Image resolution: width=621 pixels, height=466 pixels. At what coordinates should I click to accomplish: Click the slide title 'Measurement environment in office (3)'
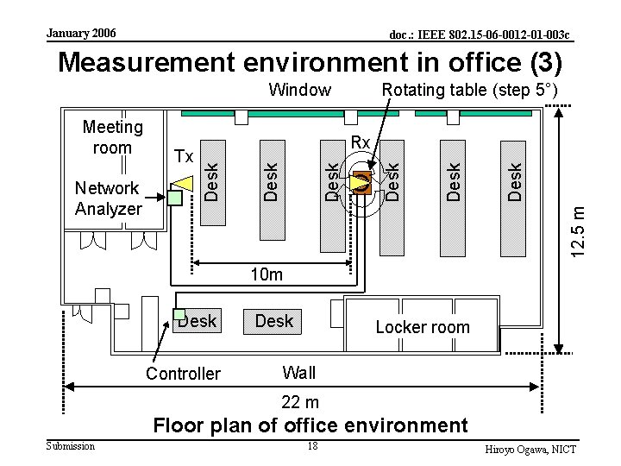click(x=310, y=62)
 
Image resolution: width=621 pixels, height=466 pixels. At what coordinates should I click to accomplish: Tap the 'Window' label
click(x=299, y=90)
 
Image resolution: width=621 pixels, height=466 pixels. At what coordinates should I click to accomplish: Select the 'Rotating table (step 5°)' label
click(x=469, y=90)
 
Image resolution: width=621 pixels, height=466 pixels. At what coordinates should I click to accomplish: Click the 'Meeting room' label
click(x=112, y=138)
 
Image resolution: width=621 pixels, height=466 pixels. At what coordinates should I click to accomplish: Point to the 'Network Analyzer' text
click(x=107, y=198)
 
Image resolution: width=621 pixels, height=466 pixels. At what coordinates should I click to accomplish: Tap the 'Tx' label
click(x=184, y=156)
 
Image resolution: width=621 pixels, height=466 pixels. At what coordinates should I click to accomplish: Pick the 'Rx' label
click(x=361, y=142)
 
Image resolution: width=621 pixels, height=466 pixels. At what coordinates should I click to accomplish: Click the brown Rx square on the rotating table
click(x=361, y=182)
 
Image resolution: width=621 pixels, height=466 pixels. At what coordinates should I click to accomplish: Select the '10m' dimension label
click(x=267, y=274)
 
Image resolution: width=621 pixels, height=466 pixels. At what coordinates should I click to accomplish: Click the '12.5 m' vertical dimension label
click(x=583, y=227)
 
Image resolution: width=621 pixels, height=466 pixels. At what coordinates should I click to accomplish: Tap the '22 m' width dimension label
click(x=300, y=402)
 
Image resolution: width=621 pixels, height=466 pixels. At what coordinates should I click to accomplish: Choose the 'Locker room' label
click(x=423, y=327)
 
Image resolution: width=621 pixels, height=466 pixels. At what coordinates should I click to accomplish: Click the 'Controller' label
click(x=183, y=374)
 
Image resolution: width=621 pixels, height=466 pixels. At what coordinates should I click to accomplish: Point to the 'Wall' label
click(x=299, y=373)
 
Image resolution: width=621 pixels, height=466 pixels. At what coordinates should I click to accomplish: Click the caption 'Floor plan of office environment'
click(x=310, y=425)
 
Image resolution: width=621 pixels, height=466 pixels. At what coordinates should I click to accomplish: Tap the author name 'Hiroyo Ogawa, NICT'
click(x=530, y=450)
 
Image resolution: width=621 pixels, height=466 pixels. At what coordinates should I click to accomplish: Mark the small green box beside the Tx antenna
click(x=174, y=198)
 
